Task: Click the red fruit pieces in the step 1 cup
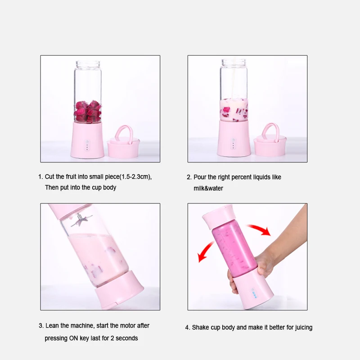coord(88,111)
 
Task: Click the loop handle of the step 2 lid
coord(270,130)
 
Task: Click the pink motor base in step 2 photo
coord(234,140)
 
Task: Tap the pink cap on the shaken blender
coord(218,215)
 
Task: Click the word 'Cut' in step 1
coord(50,177)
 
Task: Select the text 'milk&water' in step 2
coord(208,188)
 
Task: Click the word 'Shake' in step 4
coord(200,328)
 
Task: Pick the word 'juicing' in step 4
coord(302,328)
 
